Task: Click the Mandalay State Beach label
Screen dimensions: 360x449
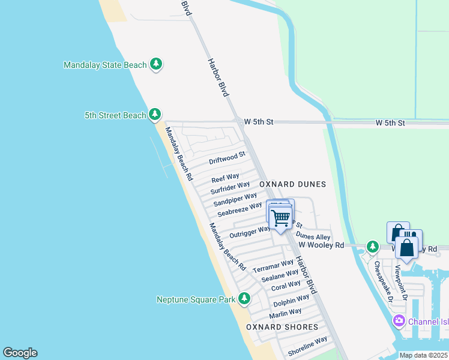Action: [x=105, y=64]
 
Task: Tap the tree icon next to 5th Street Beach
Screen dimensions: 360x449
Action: [x=155, y=114]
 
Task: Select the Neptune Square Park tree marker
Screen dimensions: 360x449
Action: [x=244, y=298]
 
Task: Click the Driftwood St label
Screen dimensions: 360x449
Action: [x=227, y=158]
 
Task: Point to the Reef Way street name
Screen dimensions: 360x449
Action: [x=226, y=179]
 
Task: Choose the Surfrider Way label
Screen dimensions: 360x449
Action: [x=230, y=188]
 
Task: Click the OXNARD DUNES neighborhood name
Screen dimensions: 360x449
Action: [x=292, y=184]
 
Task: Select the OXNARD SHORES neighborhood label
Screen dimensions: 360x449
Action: [x=282, y=327]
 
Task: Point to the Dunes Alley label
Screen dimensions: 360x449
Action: [x=313, y=237]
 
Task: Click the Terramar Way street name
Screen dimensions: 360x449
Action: [x=273, y=266]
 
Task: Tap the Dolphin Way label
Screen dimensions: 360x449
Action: [x=291, y=300]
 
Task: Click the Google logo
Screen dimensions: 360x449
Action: [x=20, y=353]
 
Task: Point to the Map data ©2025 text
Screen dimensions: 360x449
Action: [x=423, y=355]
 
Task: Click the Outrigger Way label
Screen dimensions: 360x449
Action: [x=250, y=232]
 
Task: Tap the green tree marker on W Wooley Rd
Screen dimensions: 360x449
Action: [x=372, y=246]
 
